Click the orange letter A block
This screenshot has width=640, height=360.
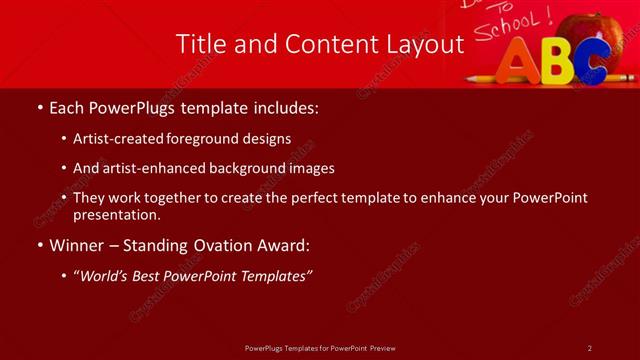519,62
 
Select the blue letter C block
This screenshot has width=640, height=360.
592,63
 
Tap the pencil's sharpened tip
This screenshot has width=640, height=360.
470,77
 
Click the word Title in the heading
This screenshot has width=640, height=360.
199,44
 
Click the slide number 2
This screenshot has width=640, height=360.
590,348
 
